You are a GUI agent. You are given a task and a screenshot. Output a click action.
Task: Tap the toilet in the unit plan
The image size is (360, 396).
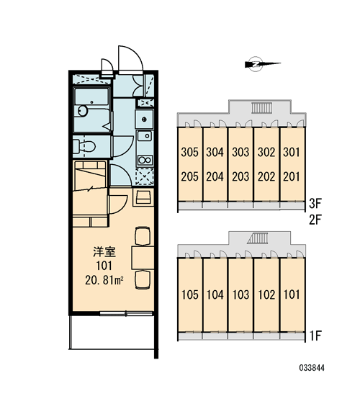(x=84, y=146)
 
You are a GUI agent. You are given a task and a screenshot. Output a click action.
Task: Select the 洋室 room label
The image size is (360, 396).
(x=104, y=252)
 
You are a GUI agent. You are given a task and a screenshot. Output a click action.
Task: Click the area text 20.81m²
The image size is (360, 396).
(x=104, y=280)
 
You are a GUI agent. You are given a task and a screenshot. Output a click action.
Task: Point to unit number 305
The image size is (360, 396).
(x=190, y=152)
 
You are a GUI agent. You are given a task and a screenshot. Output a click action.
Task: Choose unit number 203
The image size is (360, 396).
(x=240, y=176)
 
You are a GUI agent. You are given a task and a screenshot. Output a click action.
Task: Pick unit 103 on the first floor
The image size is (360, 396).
(x=240, y=294)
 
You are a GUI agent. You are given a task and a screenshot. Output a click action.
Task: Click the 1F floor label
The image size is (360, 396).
(x=315, y=336)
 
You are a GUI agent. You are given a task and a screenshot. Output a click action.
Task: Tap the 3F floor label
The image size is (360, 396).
(x=315, y=203)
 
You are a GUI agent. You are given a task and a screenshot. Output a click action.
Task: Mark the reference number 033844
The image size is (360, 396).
(x=312, y=368)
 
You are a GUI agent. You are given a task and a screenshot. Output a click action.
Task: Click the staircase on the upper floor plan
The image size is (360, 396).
(x=261, y=108)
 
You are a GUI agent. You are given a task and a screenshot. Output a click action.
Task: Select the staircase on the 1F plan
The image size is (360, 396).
(x=258, y=238)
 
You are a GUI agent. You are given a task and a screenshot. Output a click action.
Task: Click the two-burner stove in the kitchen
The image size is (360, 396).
(x=145, y=160)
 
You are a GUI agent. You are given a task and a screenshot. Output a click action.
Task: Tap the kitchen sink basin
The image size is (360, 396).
(x=145, y=136)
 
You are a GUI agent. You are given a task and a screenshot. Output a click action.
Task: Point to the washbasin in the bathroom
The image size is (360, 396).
(x=82, y=111)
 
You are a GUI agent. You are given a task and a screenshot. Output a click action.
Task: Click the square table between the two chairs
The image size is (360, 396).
(x=143, y=258)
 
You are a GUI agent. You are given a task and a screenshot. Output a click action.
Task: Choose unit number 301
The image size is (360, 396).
(x=292, y=152)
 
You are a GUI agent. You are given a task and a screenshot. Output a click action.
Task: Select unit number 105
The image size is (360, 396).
(x=190, y=294)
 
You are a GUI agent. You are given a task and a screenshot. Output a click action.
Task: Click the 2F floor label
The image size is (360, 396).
(x=315, y=220)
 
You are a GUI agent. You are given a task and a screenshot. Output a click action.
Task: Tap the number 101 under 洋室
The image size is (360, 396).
(x=104, y=266)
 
